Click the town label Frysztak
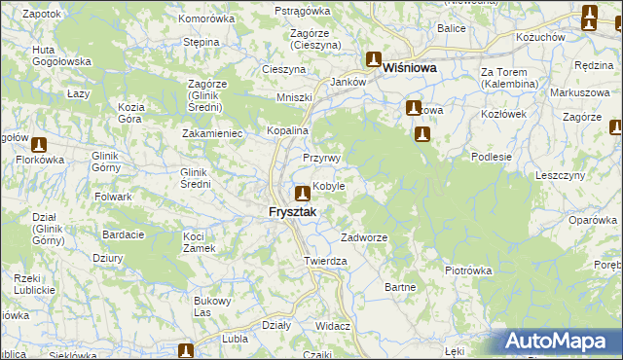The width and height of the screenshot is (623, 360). (x=293, y=211)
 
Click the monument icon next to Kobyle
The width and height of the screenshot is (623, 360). (x=303, y=193)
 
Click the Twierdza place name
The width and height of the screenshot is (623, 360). (x=325, y=262)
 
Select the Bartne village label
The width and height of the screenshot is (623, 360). (x=400, y=287)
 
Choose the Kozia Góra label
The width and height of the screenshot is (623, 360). (x=130, y=112)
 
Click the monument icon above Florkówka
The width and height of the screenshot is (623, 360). (x=38, y=144)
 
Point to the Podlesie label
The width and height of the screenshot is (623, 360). (x=491, y=156)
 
